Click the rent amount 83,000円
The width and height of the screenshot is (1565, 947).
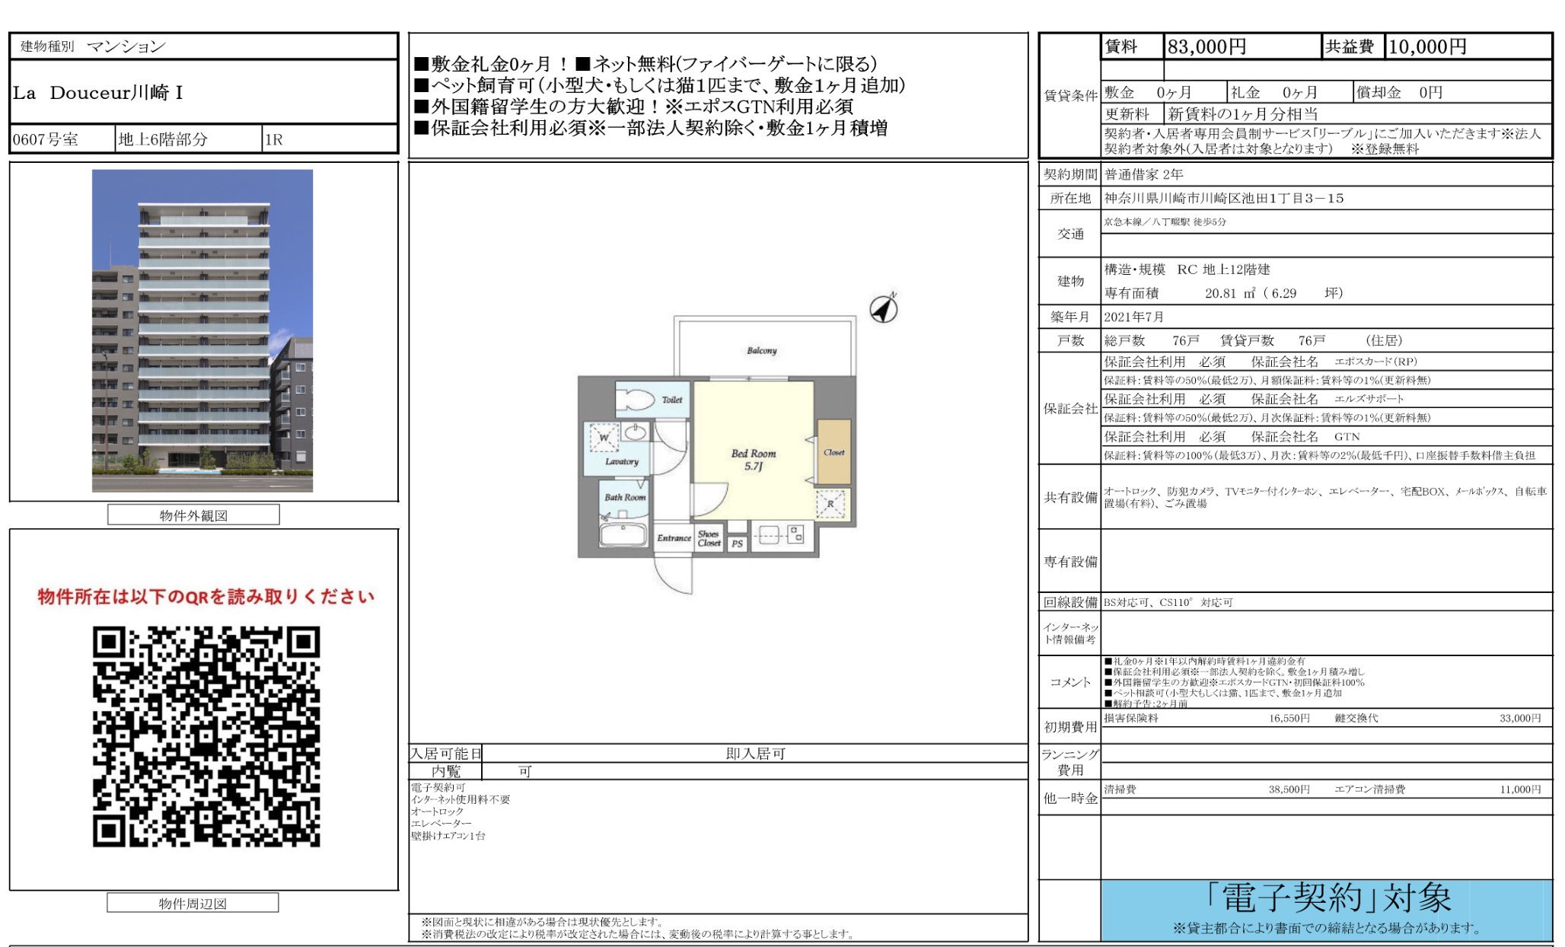[x=1206, y=47]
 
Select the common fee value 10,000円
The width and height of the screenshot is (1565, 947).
[x=1427, y=47]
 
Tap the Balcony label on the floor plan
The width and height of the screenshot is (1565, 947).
[x=761, y=351]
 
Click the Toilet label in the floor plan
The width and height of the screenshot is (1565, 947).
[x=671, y=400]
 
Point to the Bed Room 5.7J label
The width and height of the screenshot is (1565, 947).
[x=753, y=459]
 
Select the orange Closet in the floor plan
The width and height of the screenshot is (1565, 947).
[x=833, y=452]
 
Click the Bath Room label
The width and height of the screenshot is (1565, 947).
[x=625, y=497]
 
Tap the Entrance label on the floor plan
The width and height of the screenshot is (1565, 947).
[x=674, y=538]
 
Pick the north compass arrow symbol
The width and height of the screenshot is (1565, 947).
[x=883, y=308]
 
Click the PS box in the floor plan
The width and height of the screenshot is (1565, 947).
[x=737, y=544]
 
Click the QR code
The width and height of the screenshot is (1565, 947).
[x=206, y=736]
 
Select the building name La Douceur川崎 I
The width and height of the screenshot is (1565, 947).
[x=97, y=93]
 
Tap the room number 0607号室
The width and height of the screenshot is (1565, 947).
[x=46, y=139]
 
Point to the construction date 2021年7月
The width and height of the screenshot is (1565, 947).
[x=1133, y=317]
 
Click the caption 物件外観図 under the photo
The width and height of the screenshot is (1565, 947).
[x=193, y=515]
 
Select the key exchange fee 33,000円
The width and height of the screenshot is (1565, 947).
[x=1519, y=718]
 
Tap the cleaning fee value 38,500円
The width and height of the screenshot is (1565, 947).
[x=1289, y=789]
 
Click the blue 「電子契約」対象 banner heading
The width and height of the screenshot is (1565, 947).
[x=1328, y=898]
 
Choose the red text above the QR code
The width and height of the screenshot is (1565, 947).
[x=206, y=596]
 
